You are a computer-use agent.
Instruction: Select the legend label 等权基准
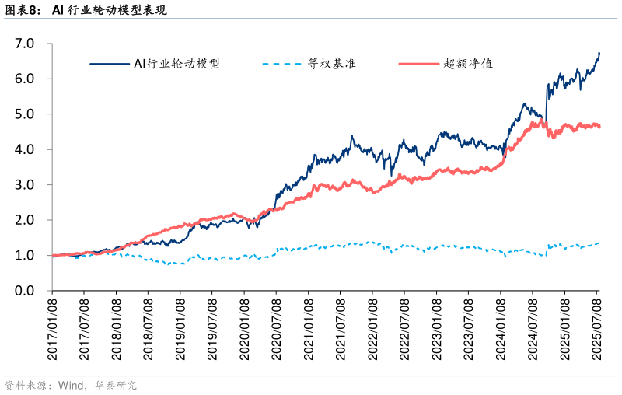331,64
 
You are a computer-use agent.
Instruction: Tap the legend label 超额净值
468,64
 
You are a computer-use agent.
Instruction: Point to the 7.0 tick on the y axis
26,44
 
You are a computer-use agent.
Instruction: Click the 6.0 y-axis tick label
26,79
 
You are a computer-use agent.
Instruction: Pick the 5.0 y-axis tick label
26,114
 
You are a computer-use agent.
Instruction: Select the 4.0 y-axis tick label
26,149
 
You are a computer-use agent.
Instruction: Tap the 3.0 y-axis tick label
26,185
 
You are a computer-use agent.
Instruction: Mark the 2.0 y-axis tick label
26,220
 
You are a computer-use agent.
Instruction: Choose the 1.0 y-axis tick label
26,256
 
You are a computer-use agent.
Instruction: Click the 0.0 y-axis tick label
26,291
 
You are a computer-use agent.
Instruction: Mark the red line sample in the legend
418,64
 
